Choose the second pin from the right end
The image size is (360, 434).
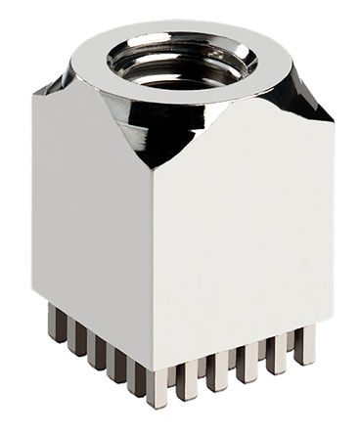point(277,357)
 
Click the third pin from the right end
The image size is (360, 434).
point(247,366)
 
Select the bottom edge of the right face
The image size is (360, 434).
point(240,348)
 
